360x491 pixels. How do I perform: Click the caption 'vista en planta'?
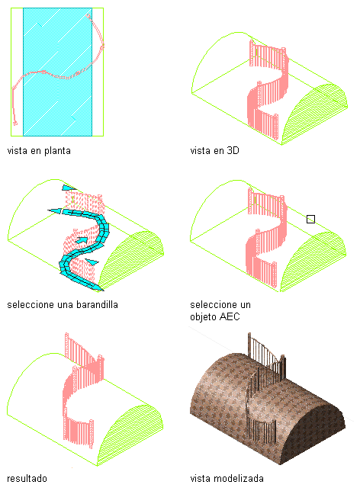click(x=39, y=151)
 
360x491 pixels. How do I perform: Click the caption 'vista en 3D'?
click(x=214, y=151)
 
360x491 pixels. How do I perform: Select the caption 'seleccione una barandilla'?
click(x=63, y=305)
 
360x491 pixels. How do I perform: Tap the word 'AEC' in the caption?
click(x=230, y=316)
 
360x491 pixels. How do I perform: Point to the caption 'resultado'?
click(x=27, y=479)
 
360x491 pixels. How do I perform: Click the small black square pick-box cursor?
click(x=310, y=219)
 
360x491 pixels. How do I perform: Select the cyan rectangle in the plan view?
click(x=58, y=72)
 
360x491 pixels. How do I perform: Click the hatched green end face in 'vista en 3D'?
click(x=314, y=114)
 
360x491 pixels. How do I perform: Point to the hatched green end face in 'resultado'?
click(x=130, y=435)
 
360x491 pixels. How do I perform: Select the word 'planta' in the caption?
click(x=57, y=151)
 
